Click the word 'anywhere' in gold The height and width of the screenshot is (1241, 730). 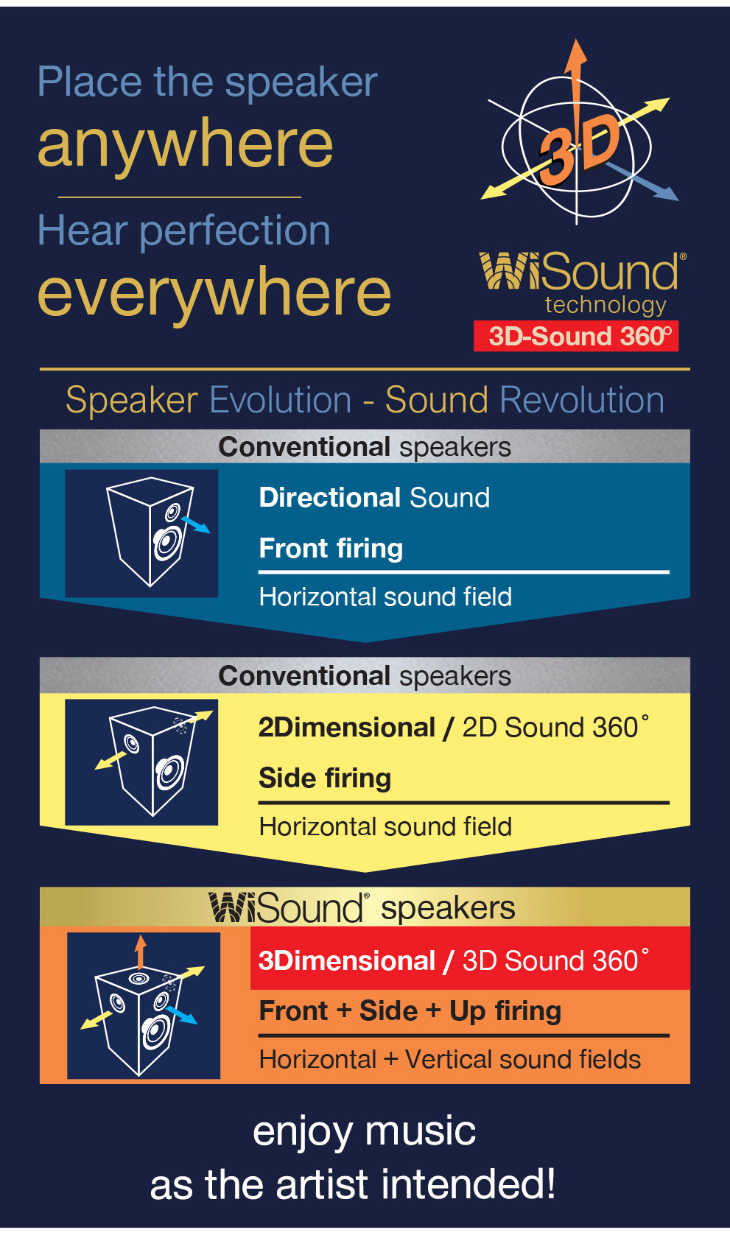pos(185,145)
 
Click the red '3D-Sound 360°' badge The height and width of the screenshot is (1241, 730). pos(576,336)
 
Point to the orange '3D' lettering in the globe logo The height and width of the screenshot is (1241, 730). pos(579,150)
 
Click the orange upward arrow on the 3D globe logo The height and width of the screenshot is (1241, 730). pos(576,83)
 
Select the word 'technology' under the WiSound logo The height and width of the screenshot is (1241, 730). pos(606,305)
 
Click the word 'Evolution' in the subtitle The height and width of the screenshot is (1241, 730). pos(281,400)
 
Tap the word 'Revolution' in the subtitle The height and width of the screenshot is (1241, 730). pos(581,400)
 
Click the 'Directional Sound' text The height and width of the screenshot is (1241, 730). pos(374,498)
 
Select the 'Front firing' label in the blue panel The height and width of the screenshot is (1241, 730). pos(331,549)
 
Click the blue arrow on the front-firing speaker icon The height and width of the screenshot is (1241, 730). pos(196,524)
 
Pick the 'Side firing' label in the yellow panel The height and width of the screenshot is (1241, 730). pos(325,778)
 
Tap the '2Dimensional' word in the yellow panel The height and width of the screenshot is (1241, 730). pos(347,728)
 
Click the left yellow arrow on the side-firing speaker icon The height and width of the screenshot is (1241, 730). pos(110,759)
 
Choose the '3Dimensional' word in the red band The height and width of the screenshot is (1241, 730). pos(347,961)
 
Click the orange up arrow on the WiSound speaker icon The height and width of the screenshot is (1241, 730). pos(140,952)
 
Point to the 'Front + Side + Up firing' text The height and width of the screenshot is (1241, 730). pos(410,1012)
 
